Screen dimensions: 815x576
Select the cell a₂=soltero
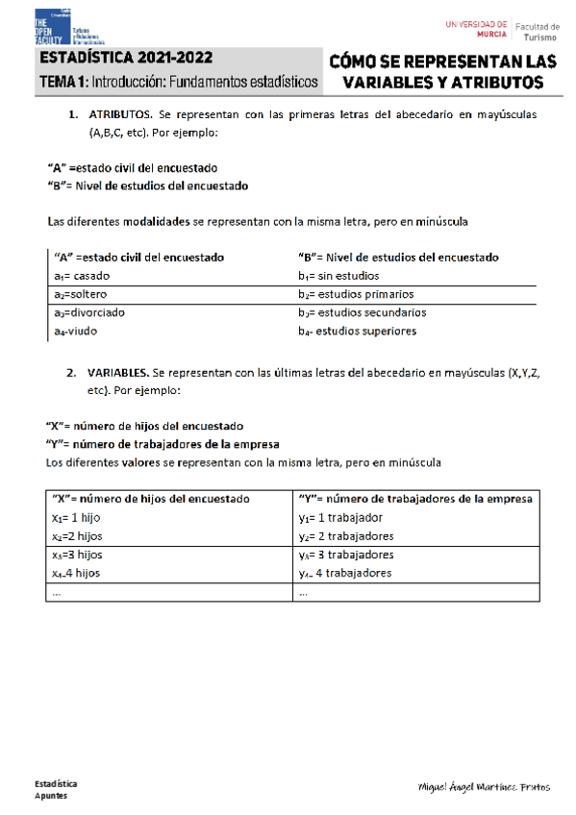(x=86, y=294)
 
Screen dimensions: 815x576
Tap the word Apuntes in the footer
(x=51, y=797)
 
